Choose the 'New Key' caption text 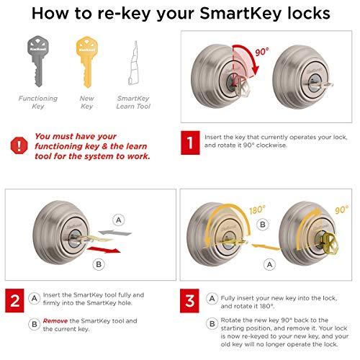coord(86,102)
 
